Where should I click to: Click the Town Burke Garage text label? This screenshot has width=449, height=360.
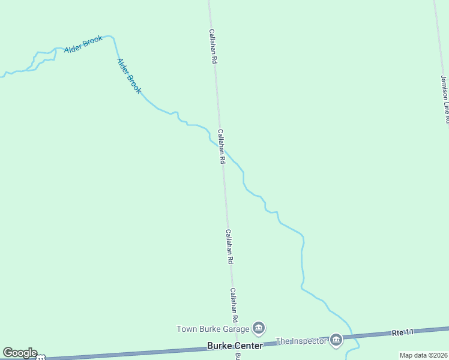click(212, 329)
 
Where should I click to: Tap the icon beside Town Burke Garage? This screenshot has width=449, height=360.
click(259, 328)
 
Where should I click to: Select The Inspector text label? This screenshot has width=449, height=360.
click(301, 341)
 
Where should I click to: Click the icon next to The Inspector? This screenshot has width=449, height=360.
click(336, 340)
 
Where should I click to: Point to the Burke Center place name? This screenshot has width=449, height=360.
click(235, 346)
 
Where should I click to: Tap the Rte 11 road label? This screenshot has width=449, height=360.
click(403, 332)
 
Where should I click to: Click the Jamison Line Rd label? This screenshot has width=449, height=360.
click(444, 99)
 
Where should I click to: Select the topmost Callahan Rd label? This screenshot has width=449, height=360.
click(212, 47)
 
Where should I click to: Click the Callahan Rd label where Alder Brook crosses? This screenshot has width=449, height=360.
click(221, 146)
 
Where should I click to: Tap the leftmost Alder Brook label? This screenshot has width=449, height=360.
click(83, 44)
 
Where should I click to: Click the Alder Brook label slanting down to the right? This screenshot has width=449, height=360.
click(129, 76)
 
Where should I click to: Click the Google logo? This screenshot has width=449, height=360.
click(20, 353)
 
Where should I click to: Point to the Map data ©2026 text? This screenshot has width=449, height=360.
click(423, 355)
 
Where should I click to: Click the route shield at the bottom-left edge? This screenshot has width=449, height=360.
click(40, 358)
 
